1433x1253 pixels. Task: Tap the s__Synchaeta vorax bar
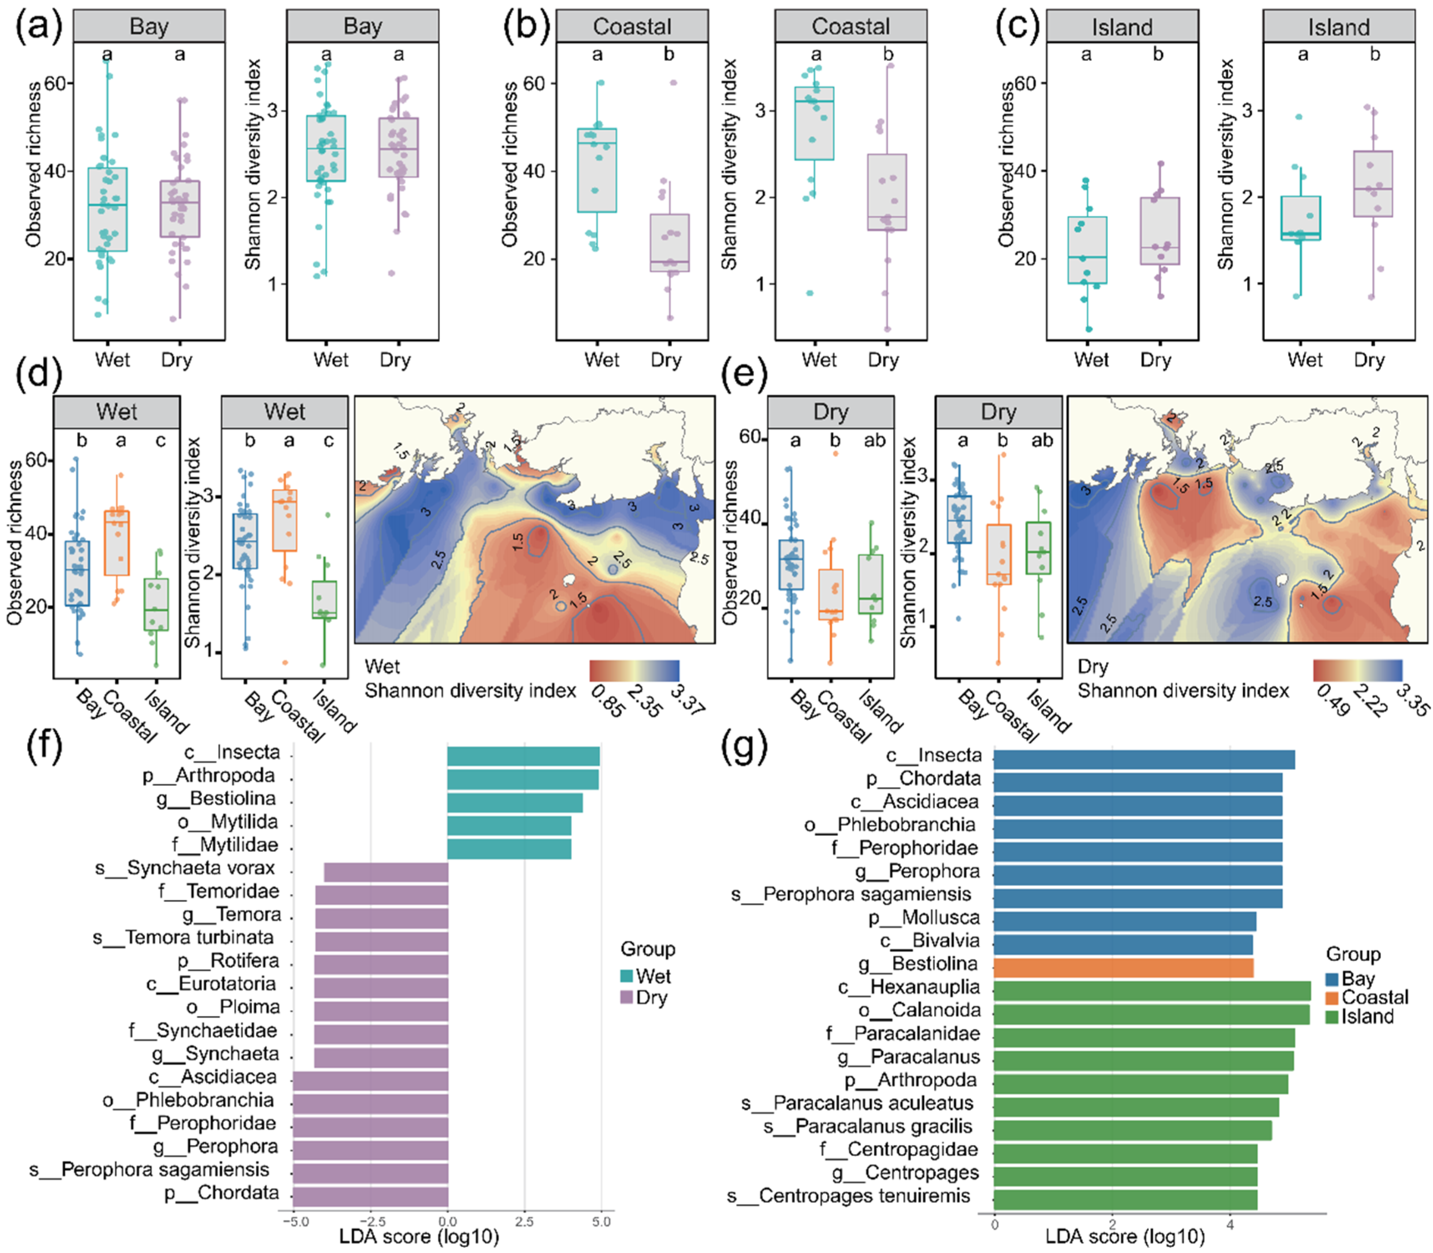pyautogui.click(x=386, y=872)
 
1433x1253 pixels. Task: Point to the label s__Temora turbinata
pyautogui.click(x=183, y=937)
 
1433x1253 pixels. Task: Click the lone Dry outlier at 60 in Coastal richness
pyautogui.click(x=673, y=83)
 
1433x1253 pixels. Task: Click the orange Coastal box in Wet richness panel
pyautogui.click(x=117, y=543)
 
